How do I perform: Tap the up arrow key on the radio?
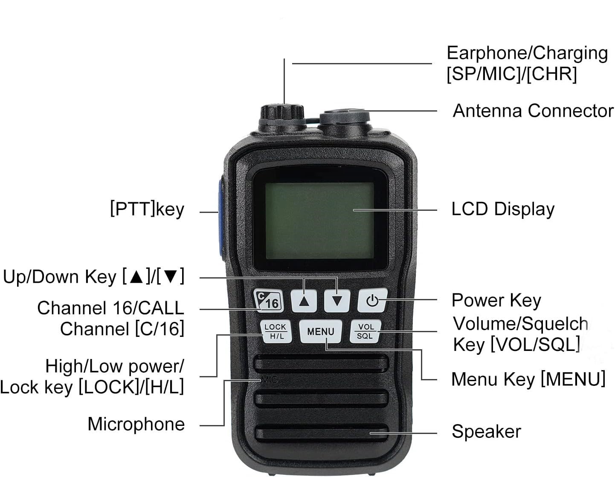(304, 301)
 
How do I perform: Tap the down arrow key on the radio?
(337, 301)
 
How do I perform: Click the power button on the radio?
(372, 300)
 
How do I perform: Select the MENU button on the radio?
(321, 331)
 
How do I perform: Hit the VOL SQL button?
(366, 331)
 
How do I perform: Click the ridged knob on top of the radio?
(282, 113)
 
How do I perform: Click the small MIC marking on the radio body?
(270, 379)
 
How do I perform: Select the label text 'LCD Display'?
(503, 210)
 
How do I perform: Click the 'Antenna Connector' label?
(533, 110)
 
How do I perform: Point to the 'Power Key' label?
(496, 300)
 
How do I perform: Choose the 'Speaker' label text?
(486, 431)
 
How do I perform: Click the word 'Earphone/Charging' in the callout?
(527, 53)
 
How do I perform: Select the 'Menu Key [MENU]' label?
(528, 379)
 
